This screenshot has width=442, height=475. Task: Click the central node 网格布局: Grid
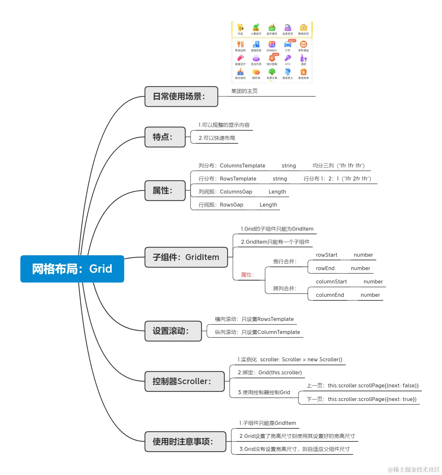point(72,269)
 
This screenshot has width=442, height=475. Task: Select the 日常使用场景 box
point(181,96)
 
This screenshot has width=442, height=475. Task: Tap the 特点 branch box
point(165,137)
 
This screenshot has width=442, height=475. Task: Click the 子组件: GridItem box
point(186,257)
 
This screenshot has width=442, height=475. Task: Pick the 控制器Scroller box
point(184,381)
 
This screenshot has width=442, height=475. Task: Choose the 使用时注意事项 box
point(185,442)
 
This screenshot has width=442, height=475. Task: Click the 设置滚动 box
point(173,331)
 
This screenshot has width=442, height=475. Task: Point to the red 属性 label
point(247,275)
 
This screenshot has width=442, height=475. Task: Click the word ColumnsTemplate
point(242,166)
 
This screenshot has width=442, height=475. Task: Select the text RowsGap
point(231,205)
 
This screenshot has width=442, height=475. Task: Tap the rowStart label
point(326,255)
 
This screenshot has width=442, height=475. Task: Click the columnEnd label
point(330,295)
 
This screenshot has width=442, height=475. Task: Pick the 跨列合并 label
point(285,288)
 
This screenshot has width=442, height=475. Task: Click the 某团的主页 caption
point(244,91)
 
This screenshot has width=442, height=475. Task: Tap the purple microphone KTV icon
point(288,58)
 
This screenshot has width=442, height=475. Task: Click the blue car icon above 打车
point(288,44)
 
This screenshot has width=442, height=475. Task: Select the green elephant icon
point(256,27)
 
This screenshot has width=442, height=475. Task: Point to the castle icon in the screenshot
point(240,72)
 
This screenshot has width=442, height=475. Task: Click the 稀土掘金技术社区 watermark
point(414,469)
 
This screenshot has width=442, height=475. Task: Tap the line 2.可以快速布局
point(217,138)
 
